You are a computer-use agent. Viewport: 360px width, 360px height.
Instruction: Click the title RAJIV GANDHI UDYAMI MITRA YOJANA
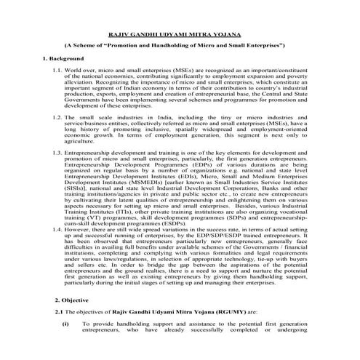pyautogui.click(x=180, y=33)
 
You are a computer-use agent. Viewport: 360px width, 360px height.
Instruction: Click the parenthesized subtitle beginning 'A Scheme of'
pyautogui.click(x=180, y=45)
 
